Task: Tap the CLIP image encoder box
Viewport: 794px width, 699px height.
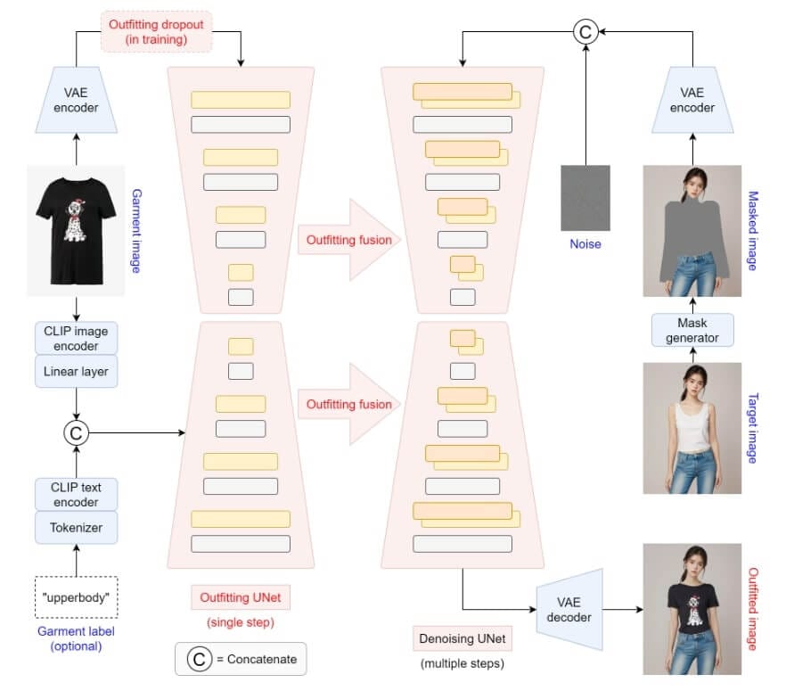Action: (x=76, y=337)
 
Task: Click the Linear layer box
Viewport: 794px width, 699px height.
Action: (x=76, y=371)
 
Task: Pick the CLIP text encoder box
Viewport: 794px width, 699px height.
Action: (x=76, y=495)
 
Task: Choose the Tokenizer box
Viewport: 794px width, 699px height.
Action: (x=76, y=527)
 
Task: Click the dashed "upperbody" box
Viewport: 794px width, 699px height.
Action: (x=76, y=593)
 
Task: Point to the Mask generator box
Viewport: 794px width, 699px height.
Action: (x=692, y=329)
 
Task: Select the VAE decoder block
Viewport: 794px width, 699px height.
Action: (x=569, y=610)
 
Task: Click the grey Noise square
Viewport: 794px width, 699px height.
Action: (x=585, y=198)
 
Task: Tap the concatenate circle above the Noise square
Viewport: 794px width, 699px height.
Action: (x=585, y=33)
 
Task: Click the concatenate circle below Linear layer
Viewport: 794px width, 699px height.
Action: (x=76, y=433)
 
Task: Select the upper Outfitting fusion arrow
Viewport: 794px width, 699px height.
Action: (x=348, y=240)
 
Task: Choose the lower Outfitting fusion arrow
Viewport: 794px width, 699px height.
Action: (x=348, y=404)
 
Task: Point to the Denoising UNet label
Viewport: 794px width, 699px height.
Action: (x=462, y=638)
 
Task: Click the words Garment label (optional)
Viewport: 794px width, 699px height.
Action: (x=76, y=639)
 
